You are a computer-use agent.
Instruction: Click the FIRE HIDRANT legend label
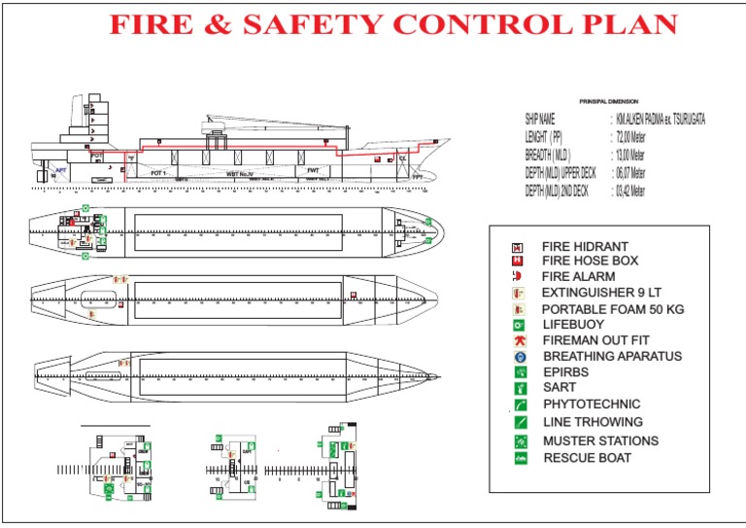[x=585, y=247]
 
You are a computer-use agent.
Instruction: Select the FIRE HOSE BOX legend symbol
[x=519, y=261]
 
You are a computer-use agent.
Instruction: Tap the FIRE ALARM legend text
[x=578, y=276]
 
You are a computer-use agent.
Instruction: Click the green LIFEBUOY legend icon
[x=521, y=324]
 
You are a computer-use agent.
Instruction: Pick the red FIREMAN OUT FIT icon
[x=521, y=340]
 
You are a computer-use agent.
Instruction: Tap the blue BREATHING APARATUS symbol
[x=521, y=357]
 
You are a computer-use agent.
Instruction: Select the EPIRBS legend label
[x=565, y=371]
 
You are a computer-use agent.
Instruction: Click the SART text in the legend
[x=559, y=387]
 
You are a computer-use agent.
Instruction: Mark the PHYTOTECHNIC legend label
[x=592, y=404]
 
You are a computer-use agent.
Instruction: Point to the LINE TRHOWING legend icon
[x=521, y=422]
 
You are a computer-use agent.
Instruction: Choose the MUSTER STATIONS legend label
[x=600, y=440]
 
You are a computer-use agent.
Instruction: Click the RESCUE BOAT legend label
[x=587, y=457]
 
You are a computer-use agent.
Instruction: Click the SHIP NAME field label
[x=540, y=120]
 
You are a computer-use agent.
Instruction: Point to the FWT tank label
[x=313, y=170]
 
